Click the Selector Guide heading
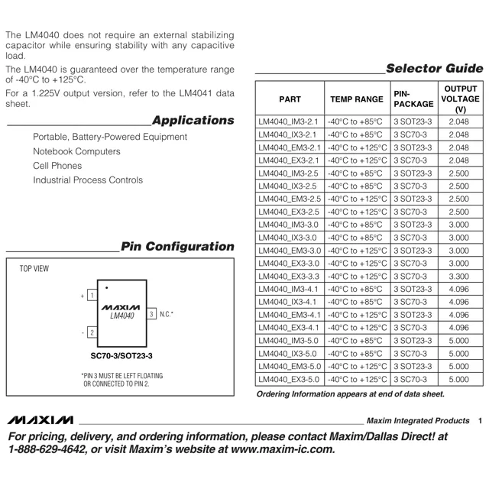tap(434, 68)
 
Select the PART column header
tap(290, 99)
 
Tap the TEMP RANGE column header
tap(356, 99)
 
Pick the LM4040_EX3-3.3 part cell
tap(289, 277)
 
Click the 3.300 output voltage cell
tap(459, 277)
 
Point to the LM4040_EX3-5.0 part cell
tap(289, 380)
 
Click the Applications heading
tap(193, 121)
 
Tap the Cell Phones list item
tap(57, 166)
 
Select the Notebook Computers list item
tap(76, 151)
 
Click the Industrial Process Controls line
tap(87, 180)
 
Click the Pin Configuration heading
tap(177, 247)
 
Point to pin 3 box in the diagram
tap(152, 314)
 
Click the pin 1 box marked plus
tap(92, 295)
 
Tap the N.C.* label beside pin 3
tap(167, 314)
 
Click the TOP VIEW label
tap(34, 269)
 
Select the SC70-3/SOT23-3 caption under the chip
tap(122, 356)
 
